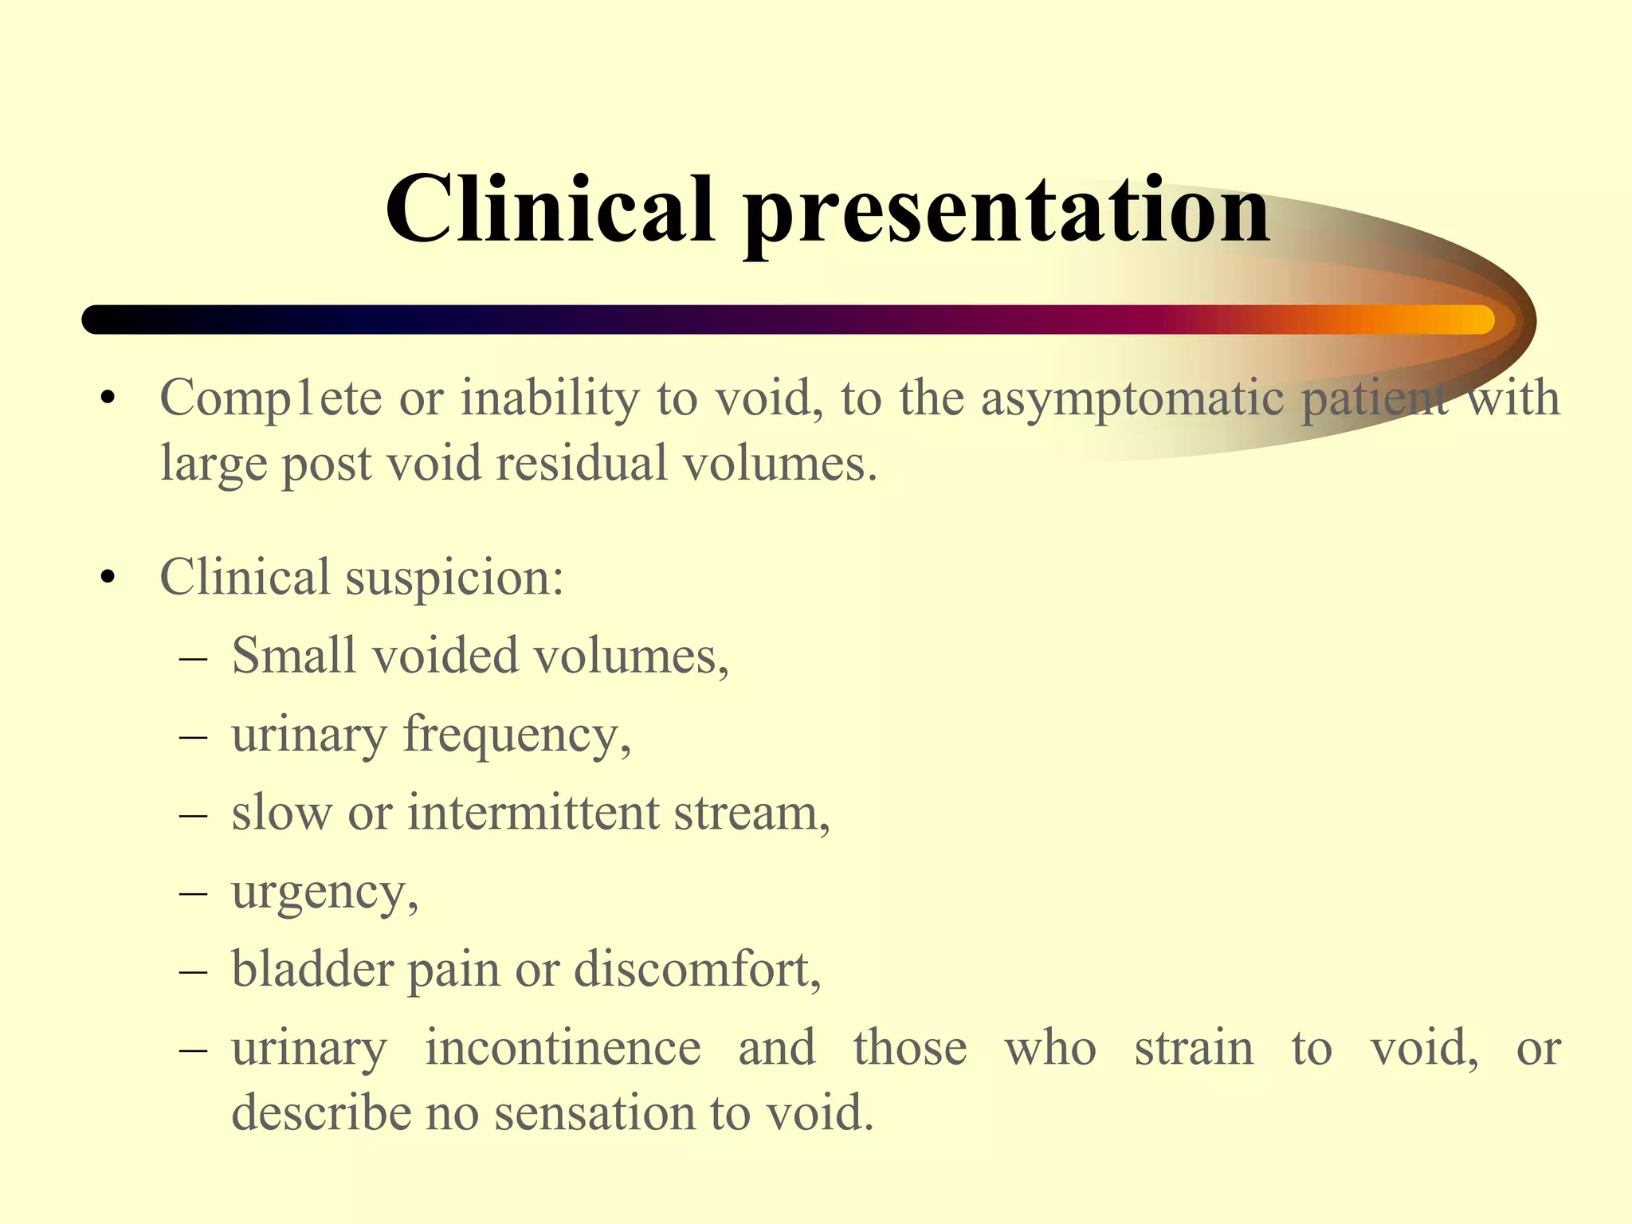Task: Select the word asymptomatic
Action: [1132, 398]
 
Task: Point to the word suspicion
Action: [453, 578]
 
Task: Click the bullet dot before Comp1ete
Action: [109, 398]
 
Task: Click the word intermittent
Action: [533, 814]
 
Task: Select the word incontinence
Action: [563, 1048]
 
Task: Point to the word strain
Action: [1194, 1048]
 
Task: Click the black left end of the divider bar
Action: [100, 320]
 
